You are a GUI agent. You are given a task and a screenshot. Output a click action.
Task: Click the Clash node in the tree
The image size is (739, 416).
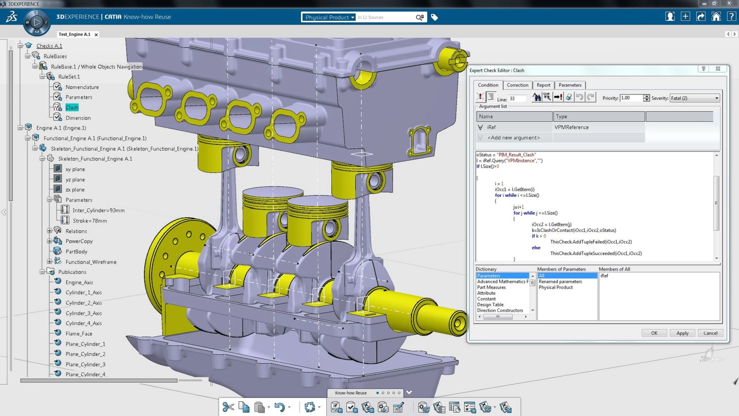[x=72, y=107]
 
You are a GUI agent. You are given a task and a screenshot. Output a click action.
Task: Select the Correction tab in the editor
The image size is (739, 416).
[x=517, y=85]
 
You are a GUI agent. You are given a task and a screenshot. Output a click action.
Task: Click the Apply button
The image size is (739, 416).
[x=682, y=333]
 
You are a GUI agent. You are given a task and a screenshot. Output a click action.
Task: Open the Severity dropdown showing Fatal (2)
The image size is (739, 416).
[x=694, y=98]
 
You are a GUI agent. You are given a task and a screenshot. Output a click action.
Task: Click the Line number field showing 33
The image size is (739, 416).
[x=517, y=99]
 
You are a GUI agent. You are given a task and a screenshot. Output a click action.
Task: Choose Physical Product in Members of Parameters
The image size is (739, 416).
[x=555, y=287]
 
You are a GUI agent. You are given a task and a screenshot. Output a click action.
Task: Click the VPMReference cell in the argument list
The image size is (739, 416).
[x=571, y=127]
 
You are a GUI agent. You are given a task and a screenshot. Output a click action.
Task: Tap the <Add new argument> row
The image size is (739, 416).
[x=513, y=138]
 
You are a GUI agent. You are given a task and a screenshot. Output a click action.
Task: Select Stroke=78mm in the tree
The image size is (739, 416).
[x=90, y=221]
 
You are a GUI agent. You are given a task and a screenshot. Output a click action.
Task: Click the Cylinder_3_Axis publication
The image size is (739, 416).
[x=84, y=313]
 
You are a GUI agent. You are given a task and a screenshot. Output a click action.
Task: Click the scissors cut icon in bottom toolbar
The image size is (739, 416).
[x=228, y=407]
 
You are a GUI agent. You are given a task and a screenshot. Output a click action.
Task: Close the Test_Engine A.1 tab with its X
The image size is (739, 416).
[x=96, y=35]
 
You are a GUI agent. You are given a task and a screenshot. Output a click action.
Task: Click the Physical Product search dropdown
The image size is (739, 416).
[x=329, y=17]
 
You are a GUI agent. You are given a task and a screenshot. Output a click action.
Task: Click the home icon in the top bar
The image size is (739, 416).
[x=716, y=17]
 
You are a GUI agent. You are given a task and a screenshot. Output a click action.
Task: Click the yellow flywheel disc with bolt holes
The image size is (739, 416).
[x=169, y=254]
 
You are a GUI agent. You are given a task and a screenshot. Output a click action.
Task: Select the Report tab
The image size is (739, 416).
[x=543, y=85]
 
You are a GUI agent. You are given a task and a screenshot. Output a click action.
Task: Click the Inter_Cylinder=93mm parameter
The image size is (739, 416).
[x=99, y=210]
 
